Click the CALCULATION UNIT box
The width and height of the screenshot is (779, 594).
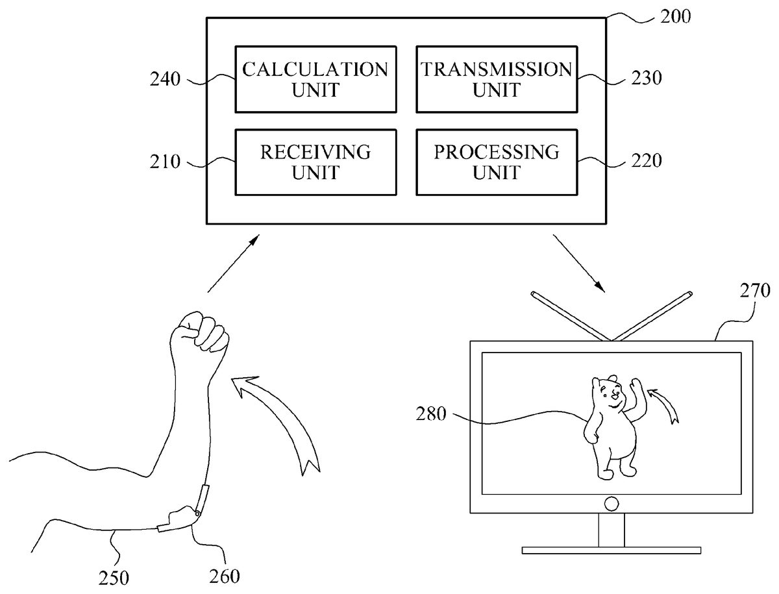pyautogui.click(x=315, y=79)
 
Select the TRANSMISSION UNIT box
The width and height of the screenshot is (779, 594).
pyautogui.click(x=497, y=79)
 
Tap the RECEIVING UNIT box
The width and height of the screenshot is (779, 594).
pyautogui.click(x=315, y=162)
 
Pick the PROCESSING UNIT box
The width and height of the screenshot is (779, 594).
pyautogui.click(x=497, y=162)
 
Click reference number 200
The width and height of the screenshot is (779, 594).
pyautogui.click(x=675, y=16)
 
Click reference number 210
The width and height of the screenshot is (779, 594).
pyautogui.click(x=166, y=162)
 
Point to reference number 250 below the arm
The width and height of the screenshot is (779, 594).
pyautogui.click(x=114, y=576)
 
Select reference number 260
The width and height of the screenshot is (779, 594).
pyautogui.click(x=225, y=575)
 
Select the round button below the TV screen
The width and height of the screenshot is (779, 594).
pyautogui.click(x=611, y=502)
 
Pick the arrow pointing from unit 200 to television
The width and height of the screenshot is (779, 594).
pyautogui.click(x=579, y=264)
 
